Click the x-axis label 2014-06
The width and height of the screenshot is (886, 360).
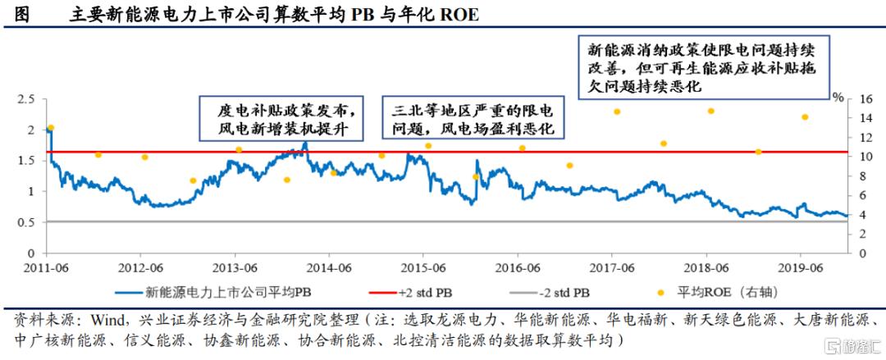328,267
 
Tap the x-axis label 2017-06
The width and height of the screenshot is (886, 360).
613,267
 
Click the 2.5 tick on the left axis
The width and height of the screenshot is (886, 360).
27,98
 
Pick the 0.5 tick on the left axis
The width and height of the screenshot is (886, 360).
27,222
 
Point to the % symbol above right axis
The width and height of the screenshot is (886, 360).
838,96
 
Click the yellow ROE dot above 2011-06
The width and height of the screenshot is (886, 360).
51,128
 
